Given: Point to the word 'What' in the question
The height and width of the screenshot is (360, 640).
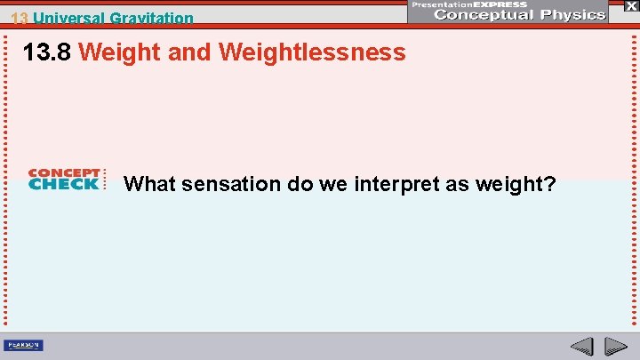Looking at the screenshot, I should point(148,184).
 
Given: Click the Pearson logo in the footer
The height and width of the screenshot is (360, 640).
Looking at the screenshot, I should point(24,345).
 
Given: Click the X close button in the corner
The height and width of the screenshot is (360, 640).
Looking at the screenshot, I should point(630,5).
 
